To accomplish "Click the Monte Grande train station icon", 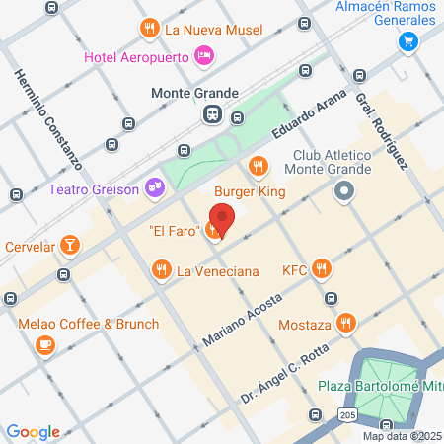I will [213, 114].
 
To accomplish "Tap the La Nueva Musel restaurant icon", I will [149, 29].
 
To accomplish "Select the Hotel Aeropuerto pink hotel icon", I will [205, 55].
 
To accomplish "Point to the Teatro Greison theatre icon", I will [153, 186].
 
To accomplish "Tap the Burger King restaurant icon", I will [259, 165].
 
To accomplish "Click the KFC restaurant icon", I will [321, 267].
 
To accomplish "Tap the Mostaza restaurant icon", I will [345, 322].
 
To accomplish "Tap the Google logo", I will [34, 432].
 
